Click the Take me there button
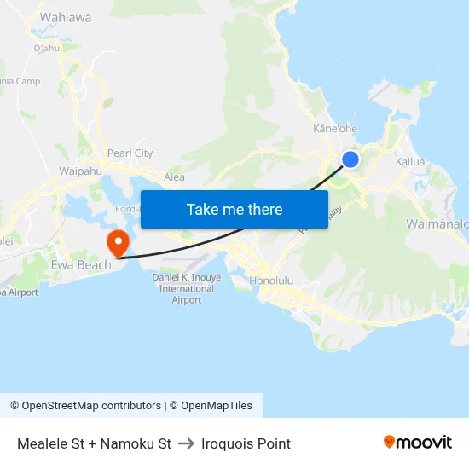click(234, 209)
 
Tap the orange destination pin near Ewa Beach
click(117, 241)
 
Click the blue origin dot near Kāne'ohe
click(350, 159)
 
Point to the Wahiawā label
click(66, 17)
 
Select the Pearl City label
click(130, 153)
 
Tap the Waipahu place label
click(81, 171)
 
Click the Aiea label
click(174, 177)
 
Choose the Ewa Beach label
click(81, 265)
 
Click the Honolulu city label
click(271, 281)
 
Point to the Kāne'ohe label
click(335, 129)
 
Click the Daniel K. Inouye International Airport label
click(187, 288)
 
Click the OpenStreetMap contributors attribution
click(85, 406)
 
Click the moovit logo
click(418, 443)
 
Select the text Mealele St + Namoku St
click(94, 443)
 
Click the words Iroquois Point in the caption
click(246, 443)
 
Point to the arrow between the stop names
click(186, 443)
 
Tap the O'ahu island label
click(46, 49)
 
